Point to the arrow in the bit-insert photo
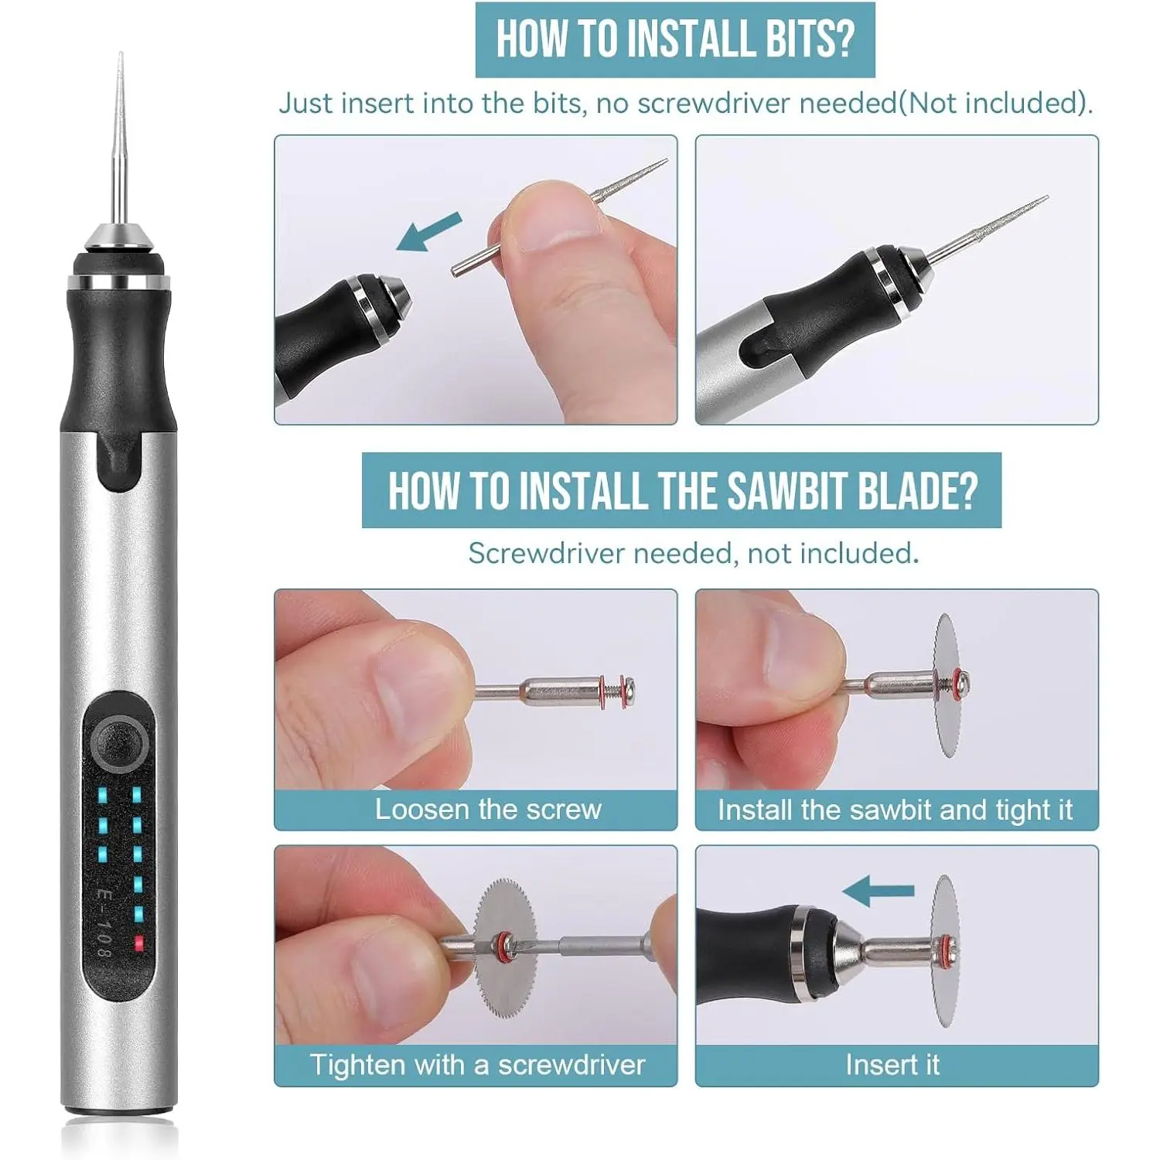(429, 231)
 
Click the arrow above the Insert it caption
(878, 892)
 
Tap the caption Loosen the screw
(488, 809)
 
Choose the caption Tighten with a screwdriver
(477, 1065)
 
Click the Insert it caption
(892, 1065)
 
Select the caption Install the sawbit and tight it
(895, 810)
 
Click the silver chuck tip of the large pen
(120, 236)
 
